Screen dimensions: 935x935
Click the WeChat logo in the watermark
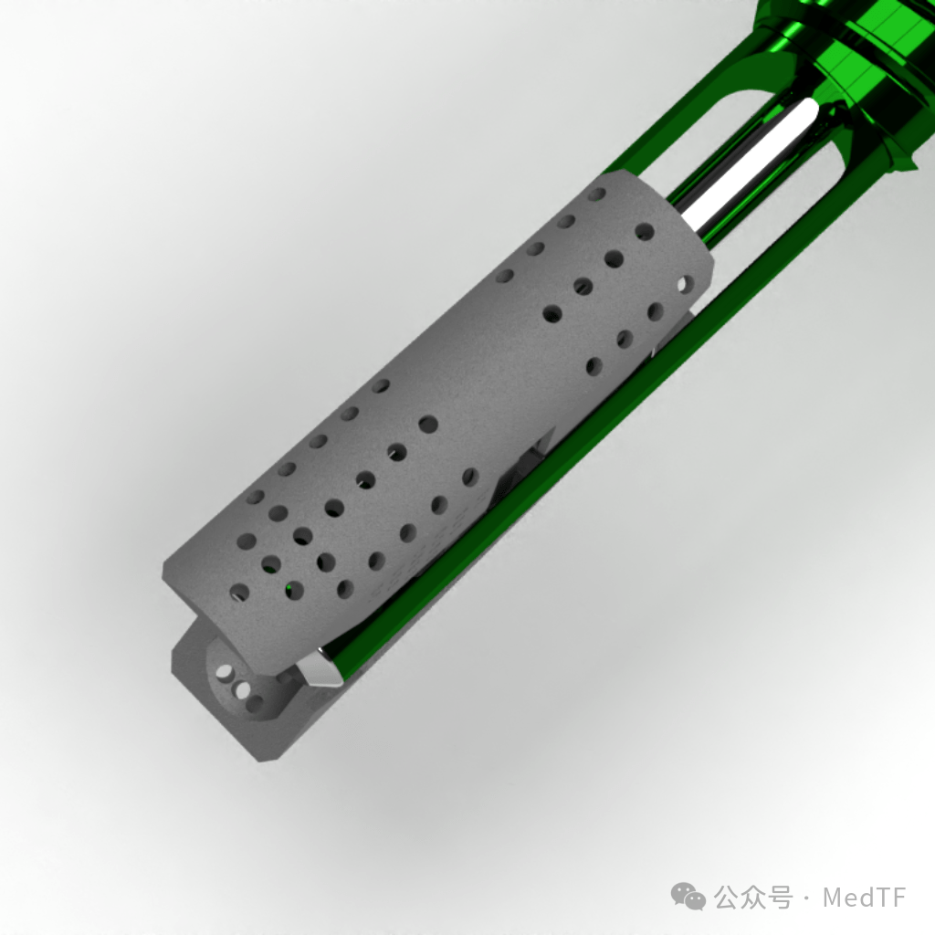(688, 897)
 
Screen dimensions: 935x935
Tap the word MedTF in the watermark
(865, 898)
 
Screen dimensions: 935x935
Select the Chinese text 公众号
(753, 898)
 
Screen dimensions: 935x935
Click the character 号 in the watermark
(781, 898)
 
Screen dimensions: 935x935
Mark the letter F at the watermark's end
(898, 898)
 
